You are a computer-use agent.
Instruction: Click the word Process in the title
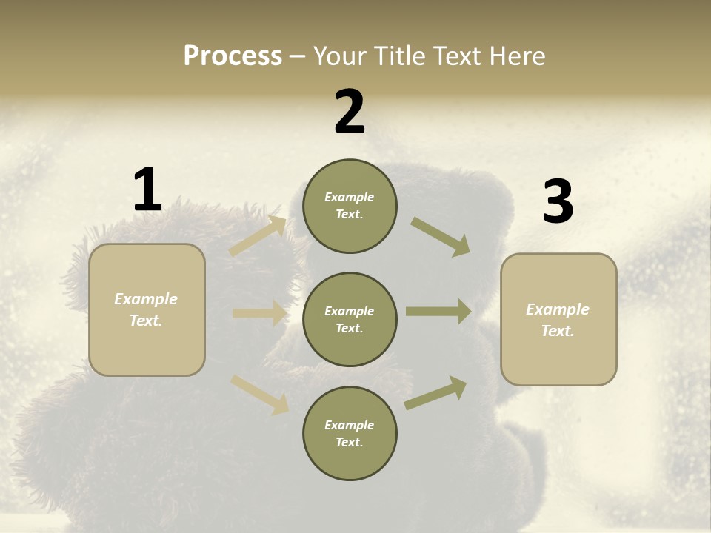pyautogui.click(x=233, y=56)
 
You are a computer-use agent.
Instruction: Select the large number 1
pyautogui.click(x=147, y=190)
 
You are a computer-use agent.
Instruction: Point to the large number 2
pyautogui.click(x=350, y=112)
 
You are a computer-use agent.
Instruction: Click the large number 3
pyautogui.click(x=558, y=202)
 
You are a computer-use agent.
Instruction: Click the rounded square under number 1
pyautogui.click(x=147, y=309)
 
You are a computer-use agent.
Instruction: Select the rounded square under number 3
pyautogui.click(x=558, y=319)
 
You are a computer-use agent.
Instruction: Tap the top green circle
pyautogui.click(x=350, y=206)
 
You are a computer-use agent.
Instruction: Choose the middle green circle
pyautogui.click(x=350, y=319)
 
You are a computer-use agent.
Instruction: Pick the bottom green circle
pyautogui.click(x=350, y=433)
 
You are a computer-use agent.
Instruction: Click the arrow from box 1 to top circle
pyautogui.click(x=258, y=236)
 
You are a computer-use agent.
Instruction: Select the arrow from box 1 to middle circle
pyautogui.click(x=259, y=313)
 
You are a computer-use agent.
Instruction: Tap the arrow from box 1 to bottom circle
pyautogui.click(x=259, y=394)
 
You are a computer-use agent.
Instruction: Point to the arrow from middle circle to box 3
pyautogui.click(x=438, y=312)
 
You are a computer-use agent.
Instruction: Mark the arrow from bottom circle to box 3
pyautogui.click(x=435, y=393)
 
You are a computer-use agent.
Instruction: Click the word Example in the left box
pyautogui.click(x=146, y=299)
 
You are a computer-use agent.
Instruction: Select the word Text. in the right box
pyautogui.click(x=558, y=331)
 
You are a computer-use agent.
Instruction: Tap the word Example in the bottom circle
pyautogui.click(x=349, y=425)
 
